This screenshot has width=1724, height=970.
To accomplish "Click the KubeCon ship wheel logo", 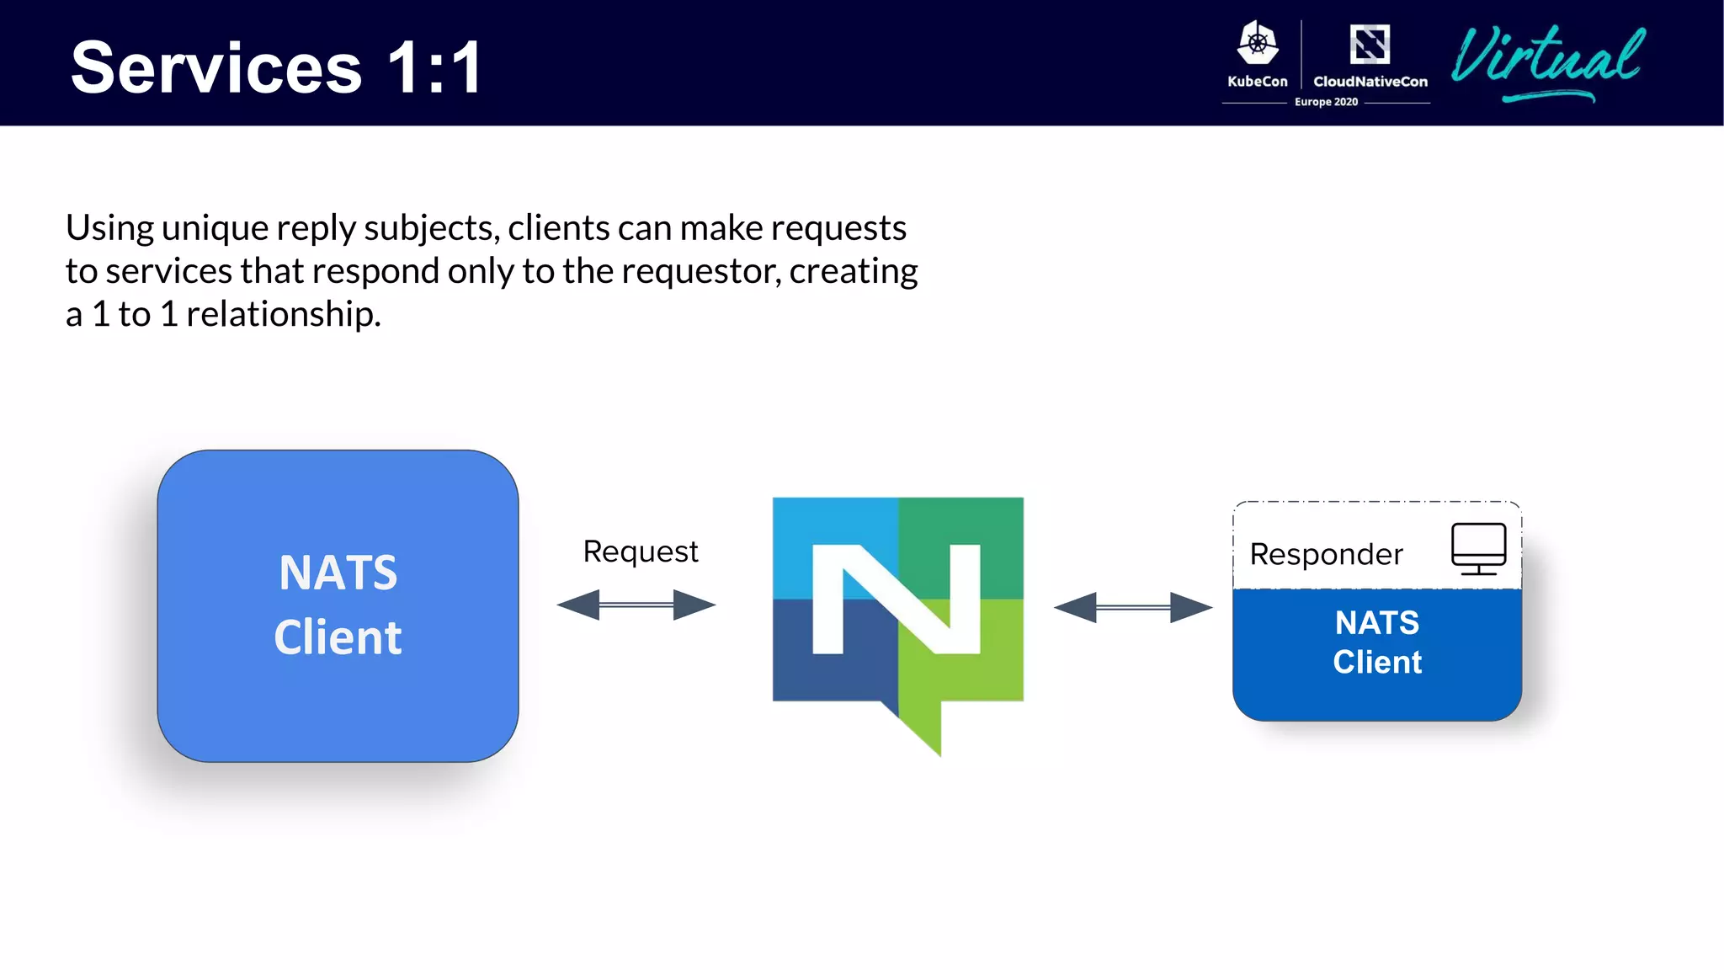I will (x=1257, y=44).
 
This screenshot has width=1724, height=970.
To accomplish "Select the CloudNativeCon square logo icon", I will (x=1370, y=44).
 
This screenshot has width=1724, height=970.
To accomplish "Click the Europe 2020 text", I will (x=1326, y=102).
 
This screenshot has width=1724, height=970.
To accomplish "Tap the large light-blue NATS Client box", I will (x=338, y=605).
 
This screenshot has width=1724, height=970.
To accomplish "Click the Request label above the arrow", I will (x=640, y=552).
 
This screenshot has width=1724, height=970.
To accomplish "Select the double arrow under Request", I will (x=636, y=605).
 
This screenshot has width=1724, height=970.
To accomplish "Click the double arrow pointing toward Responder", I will (x=1133, y=607).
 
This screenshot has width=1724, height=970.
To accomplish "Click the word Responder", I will (x=1326, y=554).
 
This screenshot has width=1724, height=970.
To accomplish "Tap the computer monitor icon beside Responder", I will (x=1478, y=548).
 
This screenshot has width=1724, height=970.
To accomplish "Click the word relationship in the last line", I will (x=283, y=314).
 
